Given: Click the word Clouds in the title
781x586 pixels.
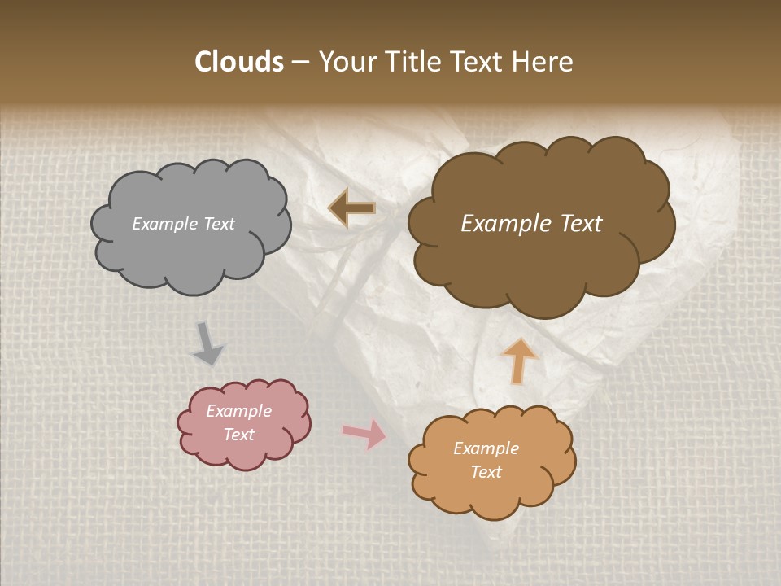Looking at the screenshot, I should point(239,62).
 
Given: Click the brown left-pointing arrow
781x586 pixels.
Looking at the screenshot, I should point(352,208).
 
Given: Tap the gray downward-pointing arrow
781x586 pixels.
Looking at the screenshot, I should point(207,343).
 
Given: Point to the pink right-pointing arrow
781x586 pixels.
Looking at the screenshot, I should point(365,434).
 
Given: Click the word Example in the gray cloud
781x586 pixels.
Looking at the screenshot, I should point(165,224).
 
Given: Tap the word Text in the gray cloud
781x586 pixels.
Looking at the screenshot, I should point(218,224).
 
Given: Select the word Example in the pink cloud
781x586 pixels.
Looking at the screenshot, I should point(238,411).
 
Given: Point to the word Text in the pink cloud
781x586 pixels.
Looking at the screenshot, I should point(238,435).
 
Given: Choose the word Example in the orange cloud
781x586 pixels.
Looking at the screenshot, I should point(486,448).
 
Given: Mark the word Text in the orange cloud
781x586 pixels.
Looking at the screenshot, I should point(486,472).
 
